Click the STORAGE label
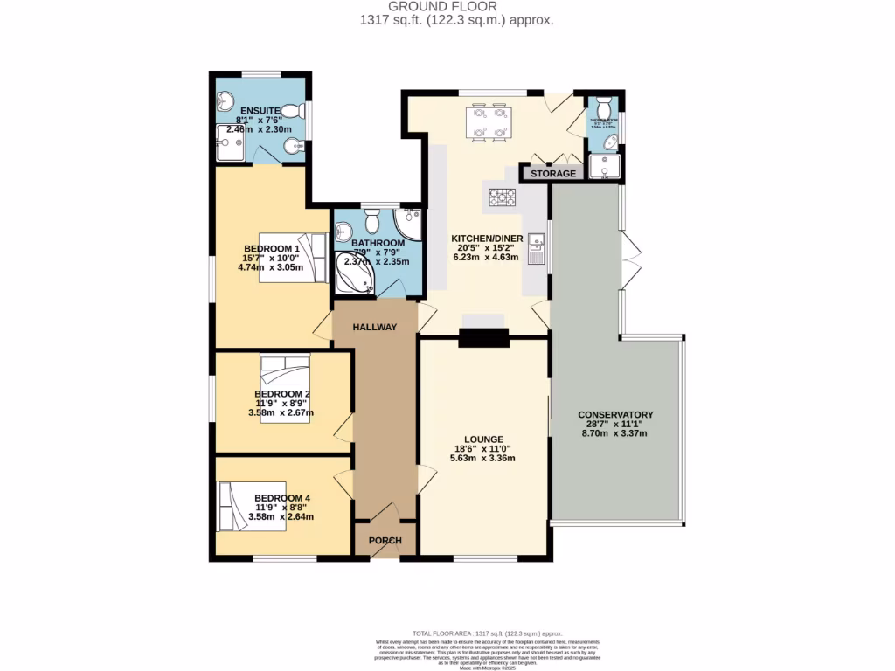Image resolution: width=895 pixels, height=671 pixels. click(x=554, y=173)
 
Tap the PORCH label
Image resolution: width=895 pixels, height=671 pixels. click(x=385, y=541)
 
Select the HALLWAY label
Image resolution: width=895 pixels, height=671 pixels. click(x=375, y=327)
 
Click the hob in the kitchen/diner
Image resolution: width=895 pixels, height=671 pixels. click(x=502, y=198)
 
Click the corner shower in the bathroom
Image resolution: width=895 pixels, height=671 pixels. click(x=408, y=219)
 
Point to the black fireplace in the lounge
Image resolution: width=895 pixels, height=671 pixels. click(x=483, y=337)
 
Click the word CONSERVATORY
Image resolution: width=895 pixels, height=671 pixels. click(x=615, y=414)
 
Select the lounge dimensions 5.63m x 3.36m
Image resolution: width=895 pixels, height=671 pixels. click(x=483, y=458)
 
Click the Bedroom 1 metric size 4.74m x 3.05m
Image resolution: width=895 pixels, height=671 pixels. click(x=270, y=268)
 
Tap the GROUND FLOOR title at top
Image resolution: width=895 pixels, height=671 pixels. click(x=447, y=6)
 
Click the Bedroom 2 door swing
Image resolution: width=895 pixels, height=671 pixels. click(x=343, y=428)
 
